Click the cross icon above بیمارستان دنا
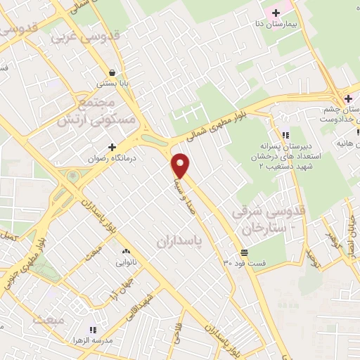point(276,12)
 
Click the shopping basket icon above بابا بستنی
point(112,72)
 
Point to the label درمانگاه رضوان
point(112,158)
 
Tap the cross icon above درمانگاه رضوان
point(112,147)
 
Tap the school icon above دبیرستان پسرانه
point(285,135)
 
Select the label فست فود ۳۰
point(245,263)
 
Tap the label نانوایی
point(127,263)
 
